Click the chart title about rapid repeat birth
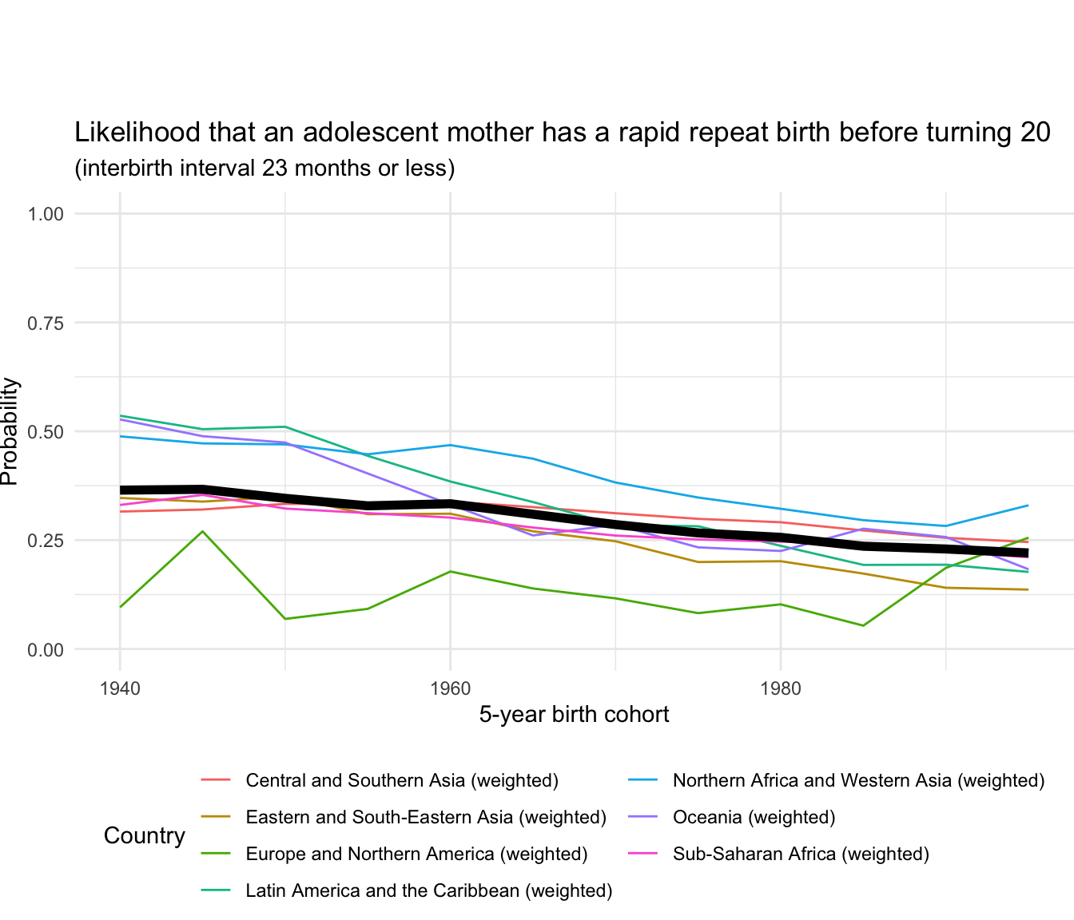pos(562,133)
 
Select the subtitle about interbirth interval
pos(265,169)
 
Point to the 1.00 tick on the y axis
pos(46,214)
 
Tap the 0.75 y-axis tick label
pos(46,323)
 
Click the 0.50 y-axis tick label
pos(46,432)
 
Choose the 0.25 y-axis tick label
pos(46,541)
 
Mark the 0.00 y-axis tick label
pos(46,650)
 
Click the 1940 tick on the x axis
pos(120,688)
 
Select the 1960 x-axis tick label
pos(451,688)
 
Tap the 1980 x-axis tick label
pos(781,688)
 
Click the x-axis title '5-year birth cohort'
pos(574,714)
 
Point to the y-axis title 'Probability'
pos(10,431)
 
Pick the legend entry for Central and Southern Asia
pos(402,780)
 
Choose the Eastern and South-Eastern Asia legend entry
pos(426,817)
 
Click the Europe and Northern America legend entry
pos(416,854)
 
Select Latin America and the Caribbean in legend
pos(429,890)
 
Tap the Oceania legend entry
pos(754,817)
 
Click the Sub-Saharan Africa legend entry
pos(801,854)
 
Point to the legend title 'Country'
pos(144,835)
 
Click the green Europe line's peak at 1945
pos(203,531)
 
